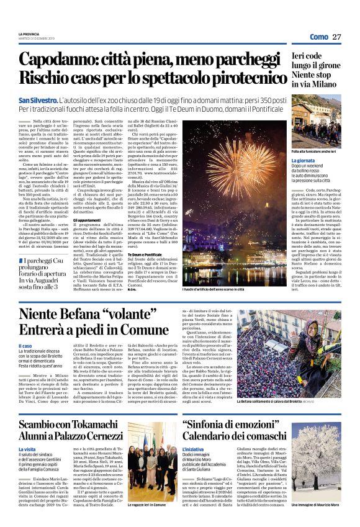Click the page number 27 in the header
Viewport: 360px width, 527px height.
336,37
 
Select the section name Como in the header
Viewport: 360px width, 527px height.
318,37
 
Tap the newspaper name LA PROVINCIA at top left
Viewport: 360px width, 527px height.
29,34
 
